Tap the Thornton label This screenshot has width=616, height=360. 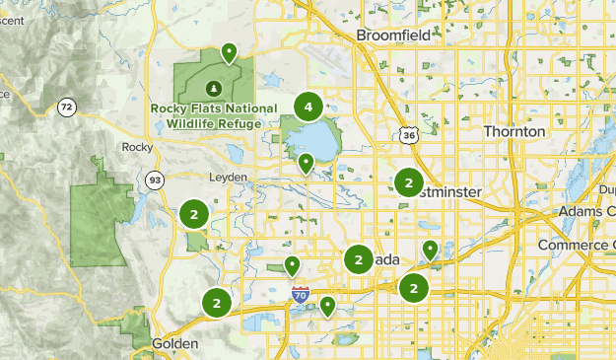(x=513, y=131)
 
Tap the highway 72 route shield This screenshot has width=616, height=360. (x=66, y=107)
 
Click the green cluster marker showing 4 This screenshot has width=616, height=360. (x=308, y=106)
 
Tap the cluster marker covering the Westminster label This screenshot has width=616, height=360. (x=408, y=182)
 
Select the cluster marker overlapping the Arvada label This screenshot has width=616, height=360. (x=358, y=258)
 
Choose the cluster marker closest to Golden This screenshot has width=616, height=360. (x=216, y=302)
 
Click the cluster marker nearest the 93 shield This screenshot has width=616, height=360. (x=194, y=213)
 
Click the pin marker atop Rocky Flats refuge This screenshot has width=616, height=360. (x=230, y=51)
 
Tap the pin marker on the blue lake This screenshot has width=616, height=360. (x=307, y=162)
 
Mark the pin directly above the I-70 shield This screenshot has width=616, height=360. (x=293, y=264)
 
